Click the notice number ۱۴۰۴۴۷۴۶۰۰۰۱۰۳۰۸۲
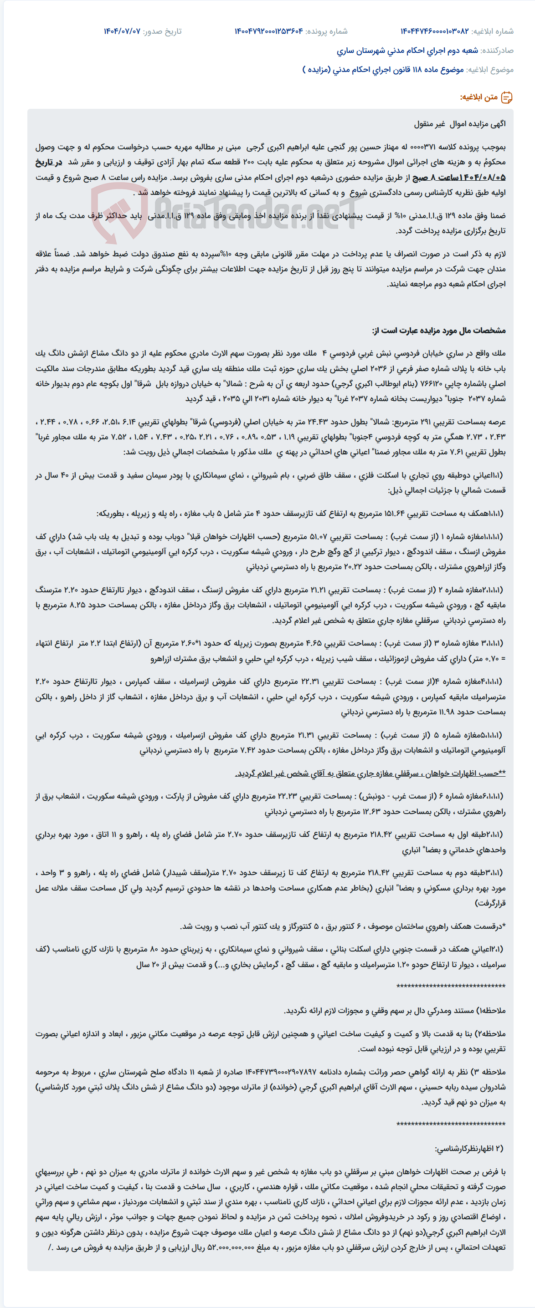tap(434, 31)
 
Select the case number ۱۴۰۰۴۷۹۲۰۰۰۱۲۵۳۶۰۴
tap(269, 31)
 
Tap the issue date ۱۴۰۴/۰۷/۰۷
tap(122, 31)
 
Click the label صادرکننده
tap(497, 51)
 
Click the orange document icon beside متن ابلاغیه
tap(507, 97)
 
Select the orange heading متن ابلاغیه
tap(478, 97)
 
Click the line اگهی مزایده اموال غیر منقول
tap(459, 124)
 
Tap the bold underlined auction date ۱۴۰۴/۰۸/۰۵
tap(482, 178)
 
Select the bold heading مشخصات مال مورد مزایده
tap(438, 331)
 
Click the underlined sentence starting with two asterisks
tap(370, 774)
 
